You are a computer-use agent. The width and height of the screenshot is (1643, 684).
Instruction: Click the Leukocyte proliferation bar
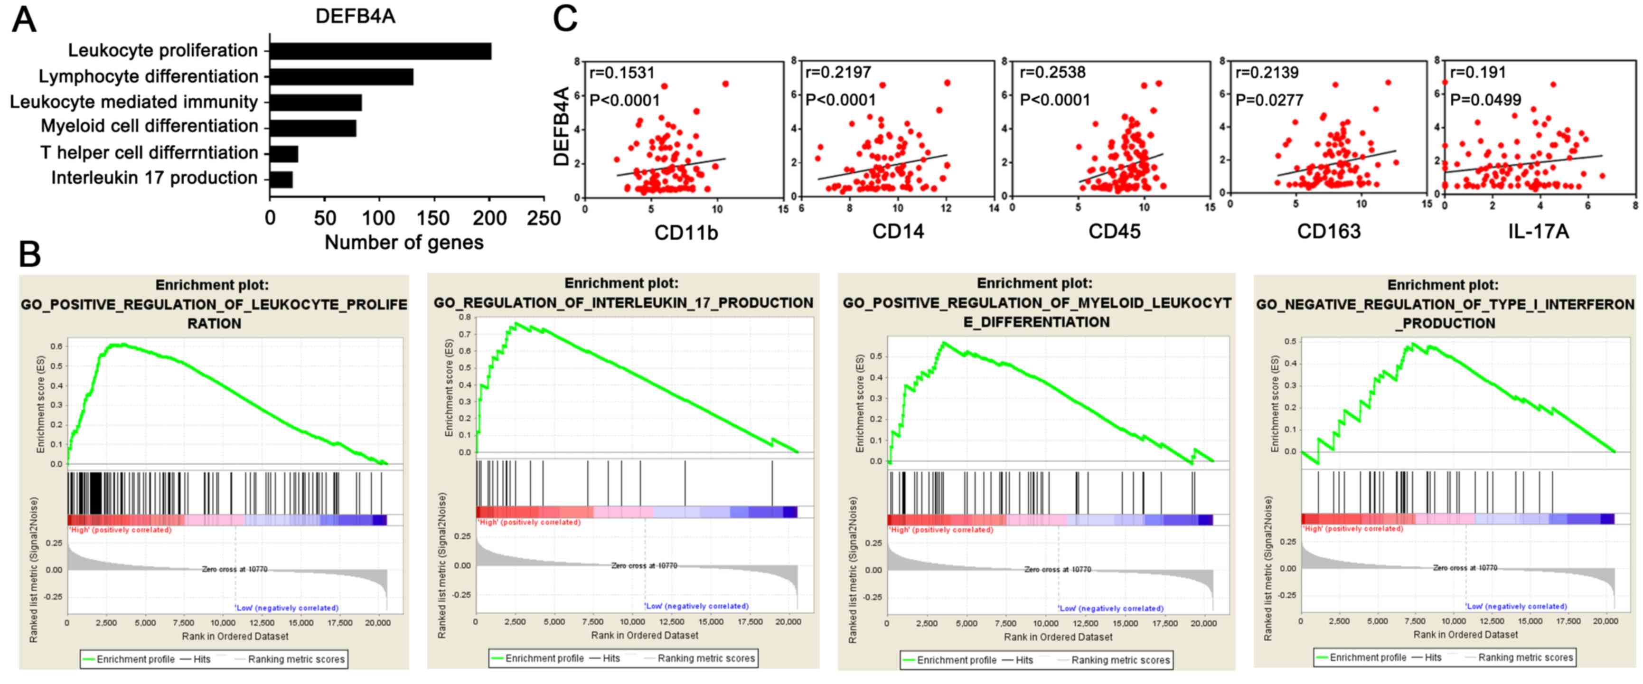point(380,51)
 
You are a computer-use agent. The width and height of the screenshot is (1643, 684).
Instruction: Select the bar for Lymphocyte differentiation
point(341,77)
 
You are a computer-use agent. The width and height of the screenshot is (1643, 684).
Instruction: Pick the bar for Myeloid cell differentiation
point(312,128)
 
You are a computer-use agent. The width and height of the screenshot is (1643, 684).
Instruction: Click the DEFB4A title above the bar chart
point(355,16)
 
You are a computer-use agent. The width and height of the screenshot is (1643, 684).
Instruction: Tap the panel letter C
point(565,19)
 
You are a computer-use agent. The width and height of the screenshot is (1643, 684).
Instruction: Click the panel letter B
point(29,253)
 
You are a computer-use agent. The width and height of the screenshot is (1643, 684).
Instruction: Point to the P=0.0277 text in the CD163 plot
point(1269,100)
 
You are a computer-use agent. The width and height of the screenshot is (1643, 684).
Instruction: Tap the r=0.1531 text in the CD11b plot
point(622,73)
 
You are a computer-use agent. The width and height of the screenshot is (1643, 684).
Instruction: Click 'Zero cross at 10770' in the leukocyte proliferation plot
point(235,569)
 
